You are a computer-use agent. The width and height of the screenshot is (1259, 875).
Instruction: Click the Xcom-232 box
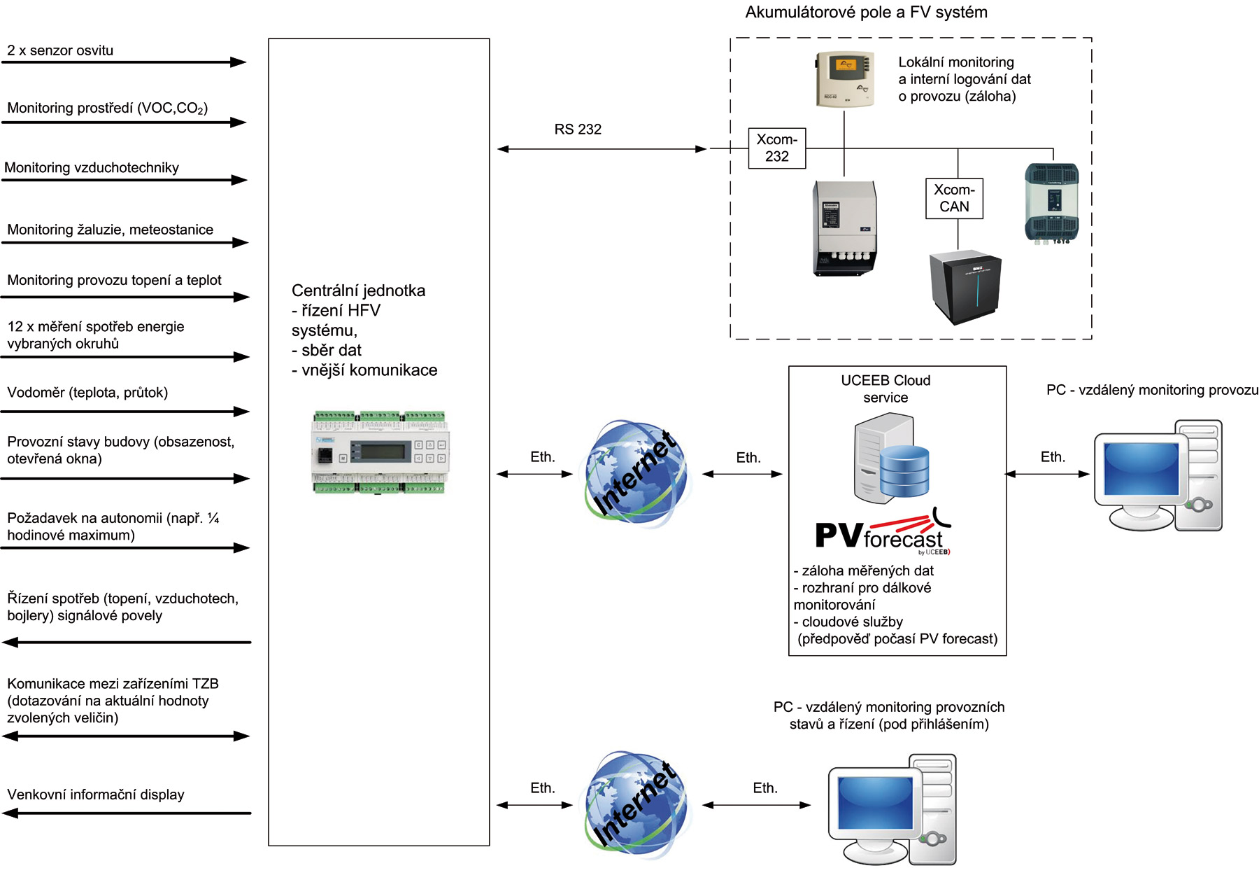click(776, 148)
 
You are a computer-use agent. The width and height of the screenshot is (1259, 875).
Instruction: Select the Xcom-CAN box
click(954, 198)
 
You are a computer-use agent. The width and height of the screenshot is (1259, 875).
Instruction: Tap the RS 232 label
click(578, 129)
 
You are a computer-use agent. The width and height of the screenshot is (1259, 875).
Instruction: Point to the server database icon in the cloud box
click(892, 458)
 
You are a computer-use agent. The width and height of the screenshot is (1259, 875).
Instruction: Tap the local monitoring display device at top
click(845, 78)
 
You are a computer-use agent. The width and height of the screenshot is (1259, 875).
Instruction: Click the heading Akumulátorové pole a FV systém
click(866, 12)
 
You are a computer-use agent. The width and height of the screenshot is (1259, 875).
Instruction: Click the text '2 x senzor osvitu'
click(60, 50)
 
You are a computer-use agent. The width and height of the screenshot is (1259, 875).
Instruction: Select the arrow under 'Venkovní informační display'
click(126, 813)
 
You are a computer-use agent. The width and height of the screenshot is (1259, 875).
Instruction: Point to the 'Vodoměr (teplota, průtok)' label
click(87, 393)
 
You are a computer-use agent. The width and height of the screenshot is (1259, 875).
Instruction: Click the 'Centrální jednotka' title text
click(358, 290)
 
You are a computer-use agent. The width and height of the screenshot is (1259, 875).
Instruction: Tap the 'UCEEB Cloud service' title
click(885, 388)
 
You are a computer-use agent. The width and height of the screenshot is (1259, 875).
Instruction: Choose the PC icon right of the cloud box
click(1158, 475)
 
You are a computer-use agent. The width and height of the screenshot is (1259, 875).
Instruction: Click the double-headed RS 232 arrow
click(602, 148)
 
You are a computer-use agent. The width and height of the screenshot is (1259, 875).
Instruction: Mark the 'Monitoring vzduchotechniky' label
click(92, 167)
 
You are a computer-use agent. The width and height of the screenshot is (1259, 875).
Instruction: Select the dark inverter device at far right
click(1051, 203)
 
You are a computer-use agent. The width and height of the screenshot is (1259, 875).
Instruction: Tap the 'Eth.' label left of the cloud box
click(748, 458)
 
